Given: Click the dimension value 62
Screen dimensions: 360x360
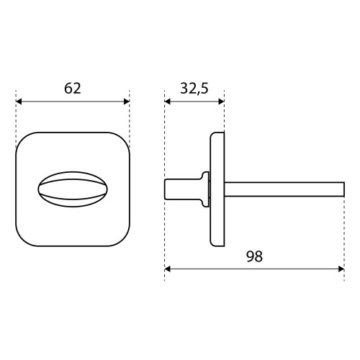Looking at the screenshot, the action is tap(73, 89).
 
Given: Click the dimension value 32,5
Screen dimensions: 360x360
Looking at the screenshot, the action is tap(194, 89).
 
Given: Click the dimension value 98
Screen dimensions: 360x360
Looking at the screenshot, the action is tap(254, 256).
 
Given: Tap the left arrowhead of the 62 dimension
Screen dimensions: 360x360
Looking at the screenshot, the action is tap(19, 102).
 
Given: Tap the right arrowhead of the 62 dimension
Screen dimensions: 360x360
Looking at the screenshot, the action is tap(127, 102).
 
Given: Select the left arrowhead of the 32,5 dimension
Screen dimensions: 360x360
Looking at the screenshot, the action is tap(168, 102).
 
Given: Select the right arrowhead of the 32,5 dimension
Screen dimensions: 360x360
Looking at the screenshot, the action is tap(221, 102).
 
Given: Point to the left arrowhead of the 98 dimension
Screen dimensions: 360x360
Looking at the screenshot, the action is tap(168, 269).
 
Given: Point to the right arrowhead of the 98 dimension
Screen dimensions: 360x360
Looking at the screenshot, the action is tap(341, 269).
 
